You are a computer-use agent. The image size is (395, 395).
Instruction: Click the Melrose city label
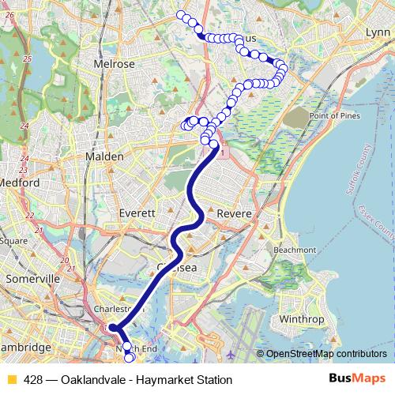[x=115, y=64]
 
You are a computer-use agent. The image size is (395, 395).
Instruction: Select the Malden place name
[x=104, y=157]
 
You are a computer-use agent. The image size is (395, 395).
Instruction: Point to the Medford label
[x=21, y=182]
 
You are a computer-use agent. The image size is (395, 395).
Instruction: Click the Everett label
[x=137, y=213]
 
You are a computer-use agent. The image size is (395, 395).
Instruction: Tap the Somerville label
[x=32, y=279]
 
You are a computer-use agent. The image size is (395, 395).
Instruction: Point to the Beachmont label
[x=294, y=250]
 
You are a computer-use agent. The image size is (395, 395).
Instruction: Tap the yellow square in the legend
[x=11, y=380]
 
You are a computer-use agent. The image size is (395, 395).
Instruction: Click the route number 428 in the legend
[x=33, y=380]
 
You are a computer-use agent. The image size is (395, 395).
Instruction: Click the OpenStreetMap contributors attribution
[x=325, y=354]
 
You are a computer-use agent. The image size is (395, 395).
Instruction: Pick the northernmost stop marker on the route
[x=181, y=15]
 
